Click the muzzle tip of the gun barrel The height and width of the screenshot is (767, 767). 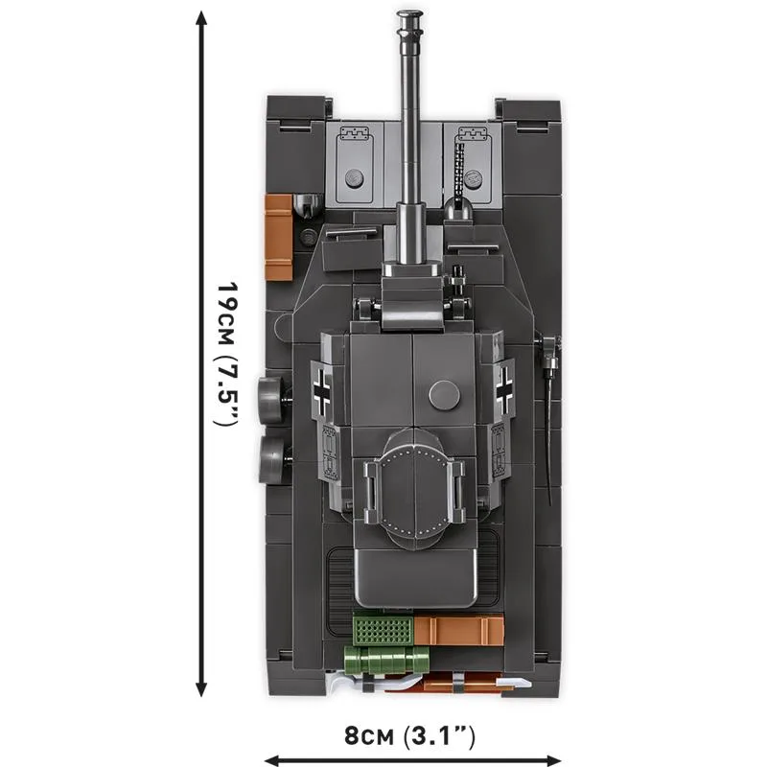(409, 14)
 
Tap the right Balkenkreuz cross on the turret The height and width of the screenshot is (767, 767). (504, 388)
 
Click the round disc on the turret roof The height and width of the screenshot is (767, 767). (445, 395)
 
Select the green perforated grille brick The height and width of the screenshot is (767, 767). (383, 630)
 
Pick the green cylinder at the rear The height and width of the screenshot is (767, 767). (386, 659)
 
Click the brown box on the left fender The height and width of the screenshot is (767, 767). (279, 237)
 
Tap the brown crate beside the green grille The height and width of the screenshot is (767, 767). (459, 630)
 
